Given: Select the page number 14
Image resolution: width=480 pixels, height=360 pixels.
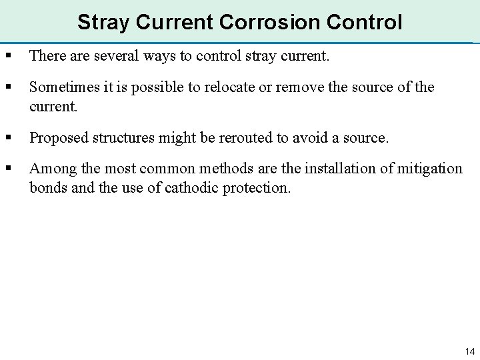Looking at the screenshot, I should (469, 351).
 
